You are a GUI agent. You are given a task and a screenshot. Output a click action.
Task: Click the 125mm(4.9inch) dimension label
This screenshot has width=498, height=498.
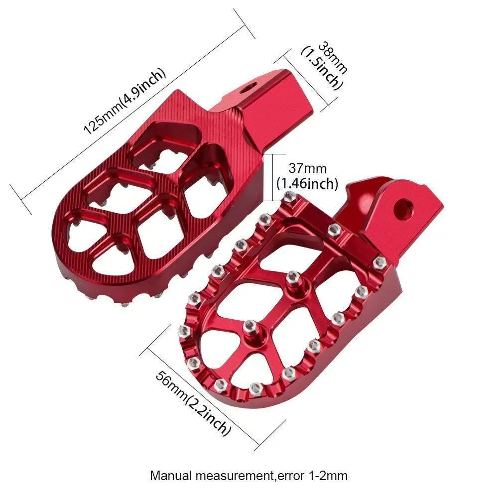tap(124, 101)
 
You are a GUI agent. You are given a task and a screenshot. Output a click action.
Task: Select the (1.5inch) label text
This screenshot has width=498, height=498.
tap(322, 68)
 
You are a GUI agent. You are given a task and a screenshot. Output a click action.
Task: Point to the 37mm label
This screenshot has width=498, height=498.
tap(307, 168)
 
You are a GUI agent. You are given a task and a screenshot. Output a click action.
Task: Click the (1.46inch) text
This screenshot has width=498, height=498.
tap(307, 184)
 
